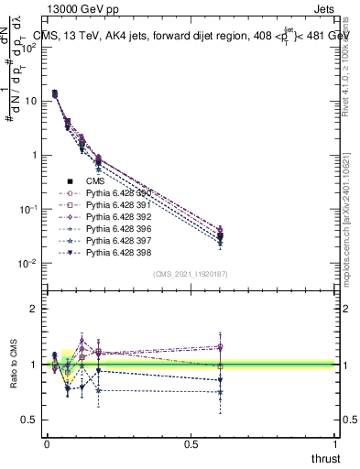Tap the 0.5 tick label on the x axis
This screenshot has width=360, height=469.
tap(191, 443)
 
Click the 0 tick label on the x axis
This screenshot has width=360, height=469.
tap(47, 443)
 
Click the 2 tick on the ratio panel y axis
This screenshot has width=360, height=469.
tap(34, 309)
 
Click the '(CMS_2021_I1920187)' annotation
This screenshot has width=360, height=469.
tap(191, 274)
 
